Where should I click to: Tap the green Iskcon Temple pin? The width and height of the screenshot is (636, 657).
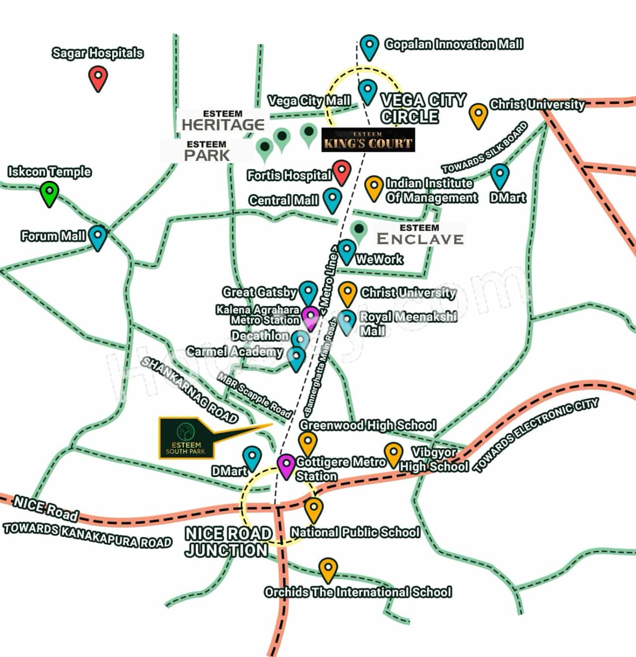pos(49,193)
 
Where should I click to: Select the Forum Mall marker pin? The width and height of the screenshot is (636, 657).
pos(98,237)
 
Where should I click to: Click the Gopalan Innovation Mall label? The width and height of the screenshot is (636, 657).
pos(454,44)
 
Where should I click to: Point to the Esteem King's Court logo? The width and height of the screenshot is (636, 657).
pos(368,140)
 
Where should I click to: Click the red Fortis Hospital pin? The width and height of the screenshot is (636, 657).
pos(341,172)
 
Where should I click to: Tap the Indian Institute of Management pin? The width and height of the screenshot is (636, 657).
pos(374,187)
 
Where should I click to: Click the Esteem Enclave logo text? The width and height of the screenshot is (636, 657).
pos(420,235)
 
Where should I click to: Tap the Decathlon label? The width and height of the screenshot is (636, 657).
pos(260,336)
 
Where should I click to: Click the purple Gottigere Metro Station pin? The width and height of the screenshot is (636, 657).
pos(286,466)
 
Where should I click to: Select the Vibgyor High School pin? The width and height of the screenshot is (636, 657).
pos(393,454)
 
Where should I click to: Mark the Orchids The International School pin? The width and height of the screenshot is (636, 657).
pos(327,570)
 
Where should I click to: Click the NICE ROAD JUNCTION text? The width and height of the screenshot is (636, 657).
pos(228,542)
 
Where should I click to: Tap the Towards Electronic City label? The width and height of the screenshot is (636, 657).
pos(537,436)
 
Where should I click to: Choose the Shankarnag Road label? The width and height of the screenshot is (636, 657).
pos(189,390)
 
